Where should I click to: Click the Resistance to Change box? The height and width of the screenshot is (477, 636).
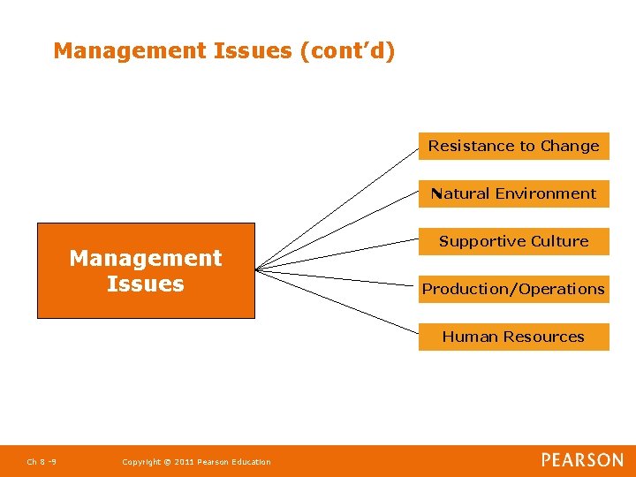tap(513, 146)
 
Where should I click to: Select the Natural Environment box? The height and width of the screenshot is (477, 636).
tap(513, 193)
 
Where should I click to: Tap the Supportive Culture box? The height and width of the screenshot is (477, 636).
tap(513, 241)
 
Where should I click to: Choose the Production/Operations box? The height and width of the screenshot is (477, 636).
tap(513, 289)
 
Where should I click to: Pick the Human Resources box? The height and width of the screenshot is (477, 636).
tap(513, 337)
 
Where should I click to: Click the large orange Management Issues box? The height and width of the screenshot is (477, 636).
tap(146, 270)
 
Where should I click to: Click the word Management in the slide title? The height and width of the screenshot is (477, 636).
tap(130, 51)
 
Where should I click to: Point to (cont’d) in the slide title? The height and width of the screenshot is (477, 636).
tap(347, 51)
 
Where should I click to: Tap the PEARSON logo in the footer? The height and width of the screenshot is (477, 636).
tap(582, 460)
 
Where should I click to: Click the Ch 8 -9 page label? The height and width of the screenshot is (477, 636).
tap(42, 462)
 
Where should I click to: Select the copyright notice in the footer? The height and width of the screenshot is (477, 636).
tap(196, 462)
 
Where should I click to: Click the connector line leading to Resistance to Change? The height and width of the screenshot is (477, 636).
tap(337, 208)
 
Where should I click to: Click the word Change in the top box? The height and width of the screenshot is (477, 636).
tap(570, 146)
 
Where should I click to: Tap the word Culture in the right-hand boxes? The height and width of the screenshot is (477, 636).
tap(559, 241)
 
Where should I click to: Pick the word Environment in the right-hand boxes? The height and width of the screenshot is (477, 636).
tap(545, 193)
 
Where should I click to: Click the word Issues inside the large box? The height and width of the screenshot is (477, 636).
tap(146, 284)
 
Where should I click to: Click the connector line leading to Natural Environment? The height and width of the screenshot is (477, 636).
tap(337, 231)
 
